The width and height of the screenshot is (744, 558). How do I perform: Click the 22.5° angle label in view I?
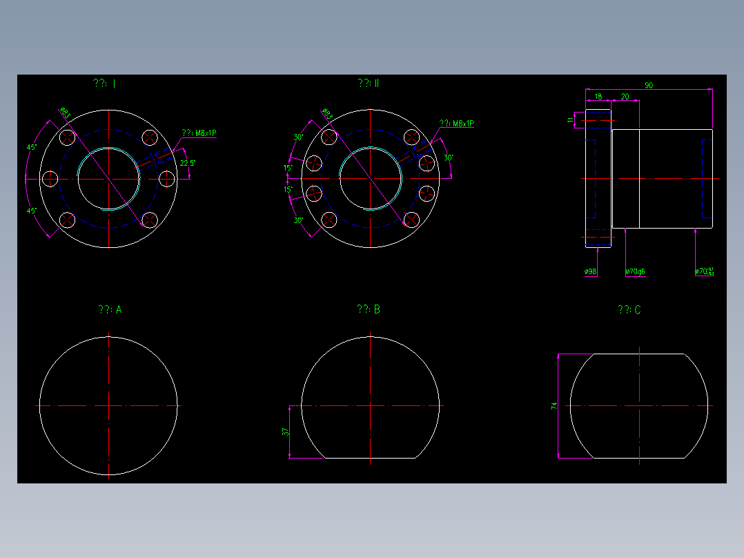click(187, 164)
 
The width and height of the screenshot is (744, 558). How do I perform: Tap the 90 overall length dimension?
click(649, 86)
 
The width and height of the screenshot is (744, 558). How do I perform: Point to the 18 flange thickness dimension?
click(598, 97)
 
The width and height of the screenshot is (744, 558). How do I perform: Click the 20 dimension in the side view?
click(625, 97)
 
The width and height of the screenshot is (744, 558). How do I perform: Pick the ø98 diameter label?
click(590, 271)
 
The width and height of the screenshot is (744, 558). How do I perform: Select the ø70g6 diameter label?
click(635, 271)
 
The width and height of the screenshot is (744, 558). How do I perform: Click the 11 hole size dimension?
click(570, 119)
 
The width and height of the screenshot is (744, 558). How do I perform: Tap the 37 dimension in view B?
click(285, 432)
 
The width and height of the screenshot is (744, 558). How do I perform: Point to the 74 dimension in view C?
click(554, 406)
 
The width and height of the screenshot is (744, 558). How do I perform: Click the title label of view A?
click(110, 310)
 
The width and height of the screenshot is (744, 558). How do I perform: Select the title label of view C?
click(629, 310)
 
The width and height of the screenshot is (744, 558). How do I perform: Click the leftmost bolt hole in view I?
click(50, 178)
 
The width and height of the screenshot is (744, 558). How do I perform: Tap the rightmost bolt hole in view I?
click(166, 178)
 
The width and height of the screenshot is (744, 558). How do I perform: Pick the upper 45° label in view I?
click(31, 148)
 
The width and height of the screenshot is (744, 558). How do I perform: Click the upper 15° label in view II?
click(288, 168)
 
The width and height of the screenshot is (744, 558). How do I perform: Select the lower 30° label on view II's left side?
click(298, 221)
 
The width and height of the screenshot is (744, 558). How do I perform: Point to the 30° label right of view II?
click(448, 158)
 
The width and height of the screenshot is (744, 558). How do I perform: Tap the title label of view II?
click(369, 84)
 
